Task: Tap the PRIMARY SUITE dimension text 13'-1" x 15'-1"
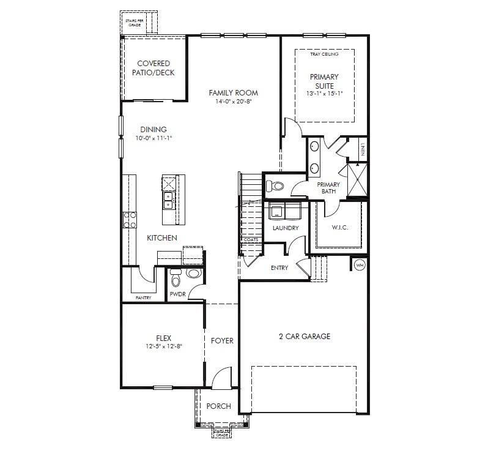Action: point(324,94)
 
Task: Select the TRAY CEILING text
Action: point(324,54)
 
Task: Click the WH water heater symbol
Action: point(360,266)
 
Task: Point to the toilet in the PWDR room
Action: point(177,280)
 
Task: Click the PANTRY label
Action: point(144,297)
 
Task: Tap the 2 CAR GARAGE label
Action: point(304,336)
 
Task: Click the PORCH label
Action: point(218,406)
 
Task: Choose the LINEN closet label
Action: point(362,148)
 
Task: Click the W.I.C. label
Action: point(339,228)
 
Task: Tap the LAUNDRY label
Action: point(286,228)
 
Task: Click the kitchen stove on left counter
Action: point(130,219)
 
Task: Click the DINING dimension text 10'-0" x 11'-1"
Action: point(153,138)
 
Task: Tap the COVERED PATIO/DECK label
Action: point(153,68)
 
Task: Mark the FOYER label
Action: point(222,340)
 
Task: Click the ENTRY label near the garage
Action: point(279,267)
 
